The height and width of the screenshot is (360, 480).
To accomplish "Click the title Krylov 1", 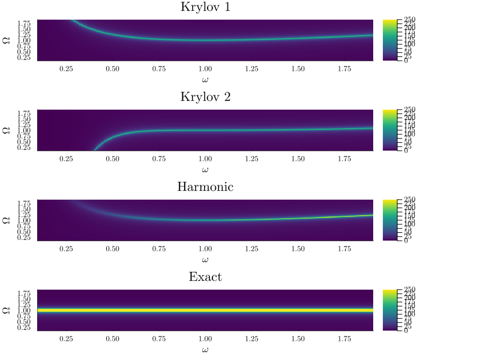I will (205, 8).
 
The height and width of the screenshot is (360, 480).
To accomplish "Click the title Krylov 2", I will (205, 98).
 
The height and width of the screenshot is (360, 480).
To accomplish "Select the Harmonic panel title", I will (205, 187).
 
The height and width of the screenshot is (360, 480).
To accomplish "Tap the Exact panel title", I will (205, 277).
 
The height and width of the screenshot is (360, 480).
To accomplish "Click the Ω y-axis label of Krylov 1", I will (7, 40).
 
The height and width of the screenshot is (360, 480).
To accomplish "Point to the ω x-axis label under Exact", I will (205, 349).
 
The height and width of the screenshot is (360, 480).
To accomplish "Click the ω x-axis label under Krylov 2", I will (205, 170).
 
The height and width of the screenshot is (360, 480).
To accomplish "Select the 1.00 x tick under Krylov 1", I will (205, 69).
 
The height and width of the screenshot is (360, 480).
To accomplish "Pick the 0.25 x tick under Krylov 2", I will (66, 159).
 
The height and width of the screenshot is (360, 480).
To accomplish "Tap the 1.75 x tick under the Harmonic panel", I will (344, 249).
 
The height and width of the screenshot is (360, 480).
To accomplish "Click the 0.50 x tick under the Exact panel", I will (112, 339).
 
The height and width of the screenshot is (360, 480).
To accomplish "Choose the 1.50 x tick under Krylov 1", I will (298, 69).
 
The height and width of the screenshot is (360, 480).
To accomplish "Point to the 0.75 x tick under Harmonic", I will (158, 249).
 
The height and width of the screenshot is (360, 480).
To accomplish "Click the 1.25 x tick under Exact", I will (251, 339).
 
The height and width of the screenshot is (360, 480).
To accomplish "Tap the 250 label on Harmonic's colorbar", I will (409, 200).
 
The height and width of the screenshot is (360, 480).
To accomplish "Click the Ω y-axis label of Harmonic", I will (7, 220).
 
